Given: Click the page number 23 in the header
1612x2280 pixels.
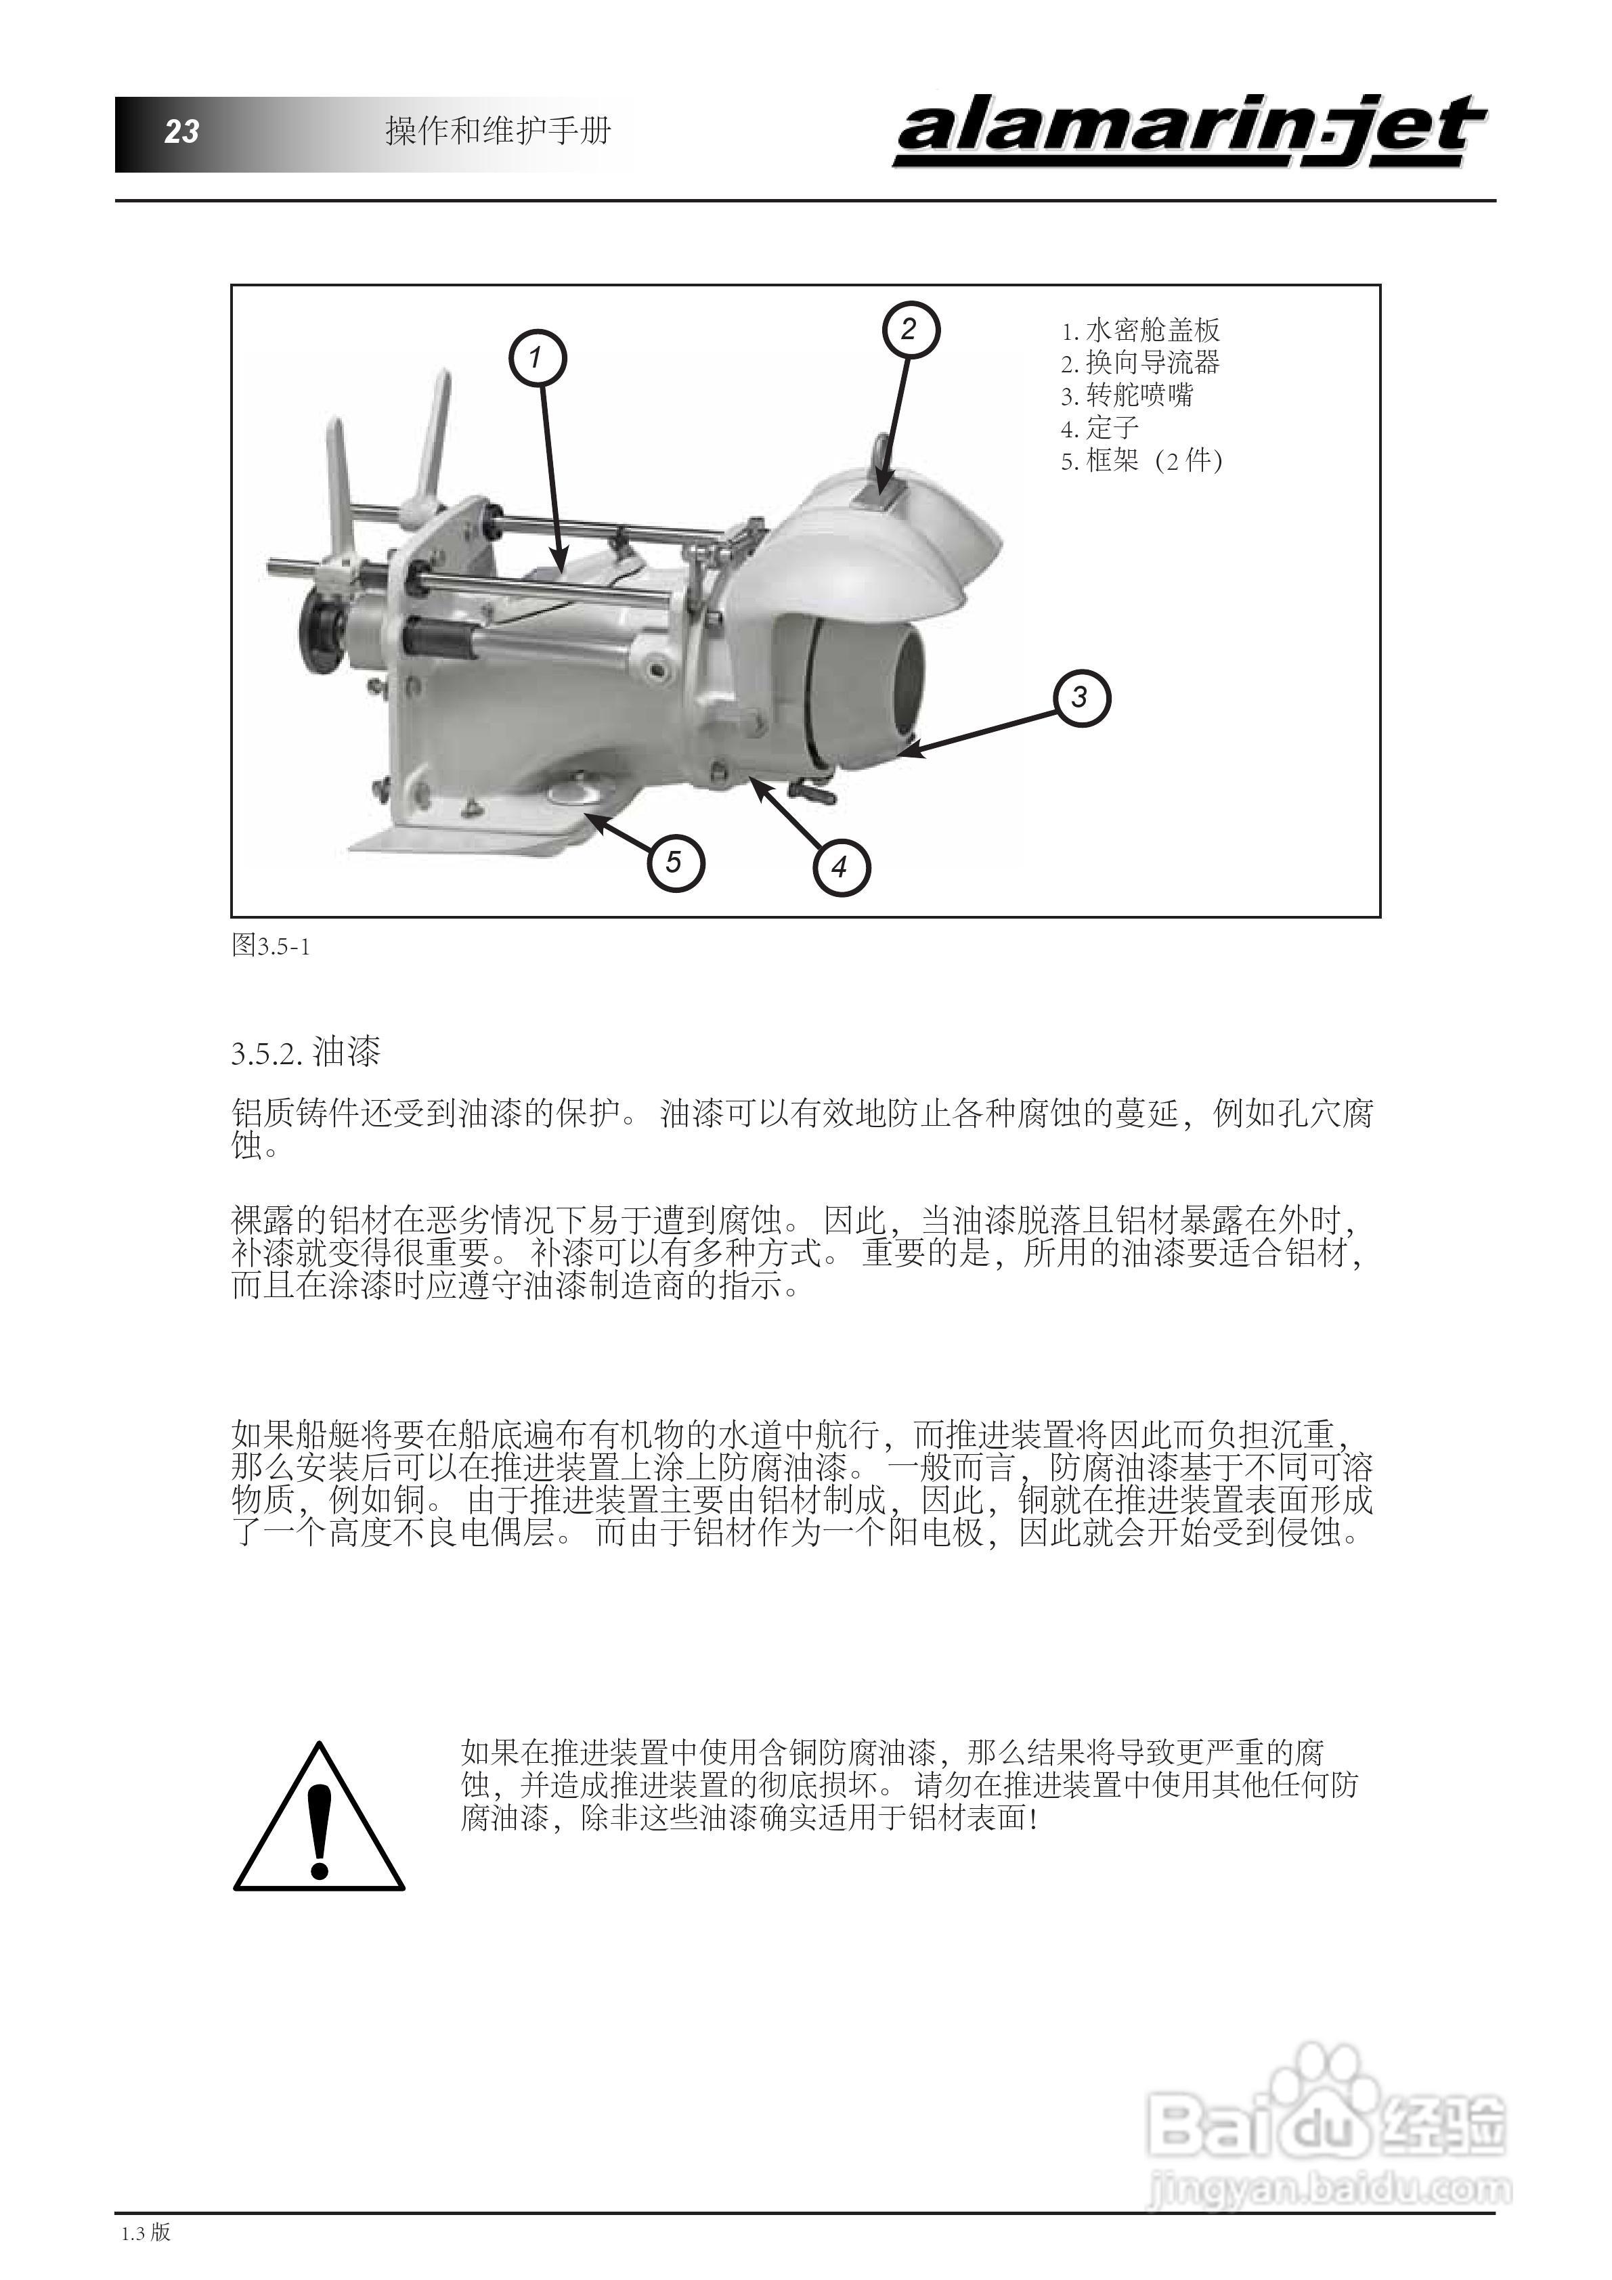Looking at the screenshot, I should point(181,131).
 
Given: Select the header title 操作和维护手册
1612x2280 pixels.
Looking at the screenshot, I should point(498,131).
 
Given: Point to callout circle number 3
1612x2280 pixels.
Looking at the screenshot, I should point(1081,697).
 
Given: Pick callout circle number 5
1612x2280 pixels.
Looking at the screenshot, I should point(674,861).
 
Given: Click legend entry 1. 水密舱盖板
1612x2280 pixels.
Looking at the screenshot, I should point(1140,330).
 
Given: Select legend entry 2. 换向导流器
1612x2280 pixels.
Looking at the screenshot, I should point(1140,364).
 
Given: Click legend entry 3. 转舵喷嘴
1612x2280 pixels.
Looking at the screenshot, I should point(1127,396).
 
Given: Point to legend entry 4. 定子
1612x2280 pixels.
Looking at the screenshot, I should point(1099,429).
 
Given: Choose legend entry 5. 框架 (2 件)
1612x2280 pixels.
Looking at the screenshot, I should point(1141,461).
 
